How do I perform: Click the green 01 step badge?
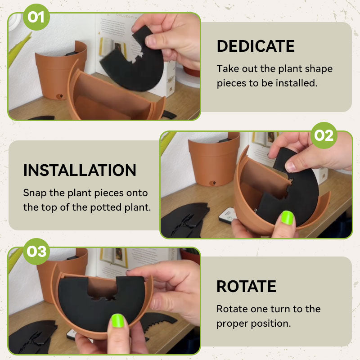(x=36, y=17)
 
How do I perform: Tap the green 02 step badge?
(x=324, y=135)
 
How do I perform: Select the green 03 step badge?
(x=36, y=252)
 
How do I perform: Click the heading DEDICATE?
(x=256, y=46)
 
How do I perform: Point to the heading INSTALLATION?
(x=80, y=171)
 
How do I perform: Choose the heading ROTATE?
(x=246, y=286)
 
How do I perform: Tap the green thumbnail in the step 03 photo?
(x=117, y=320)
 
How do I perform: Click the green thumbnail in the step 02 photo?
(x=287, y=217)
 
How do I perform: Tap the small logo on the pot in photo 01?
(x=60, y=96)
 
